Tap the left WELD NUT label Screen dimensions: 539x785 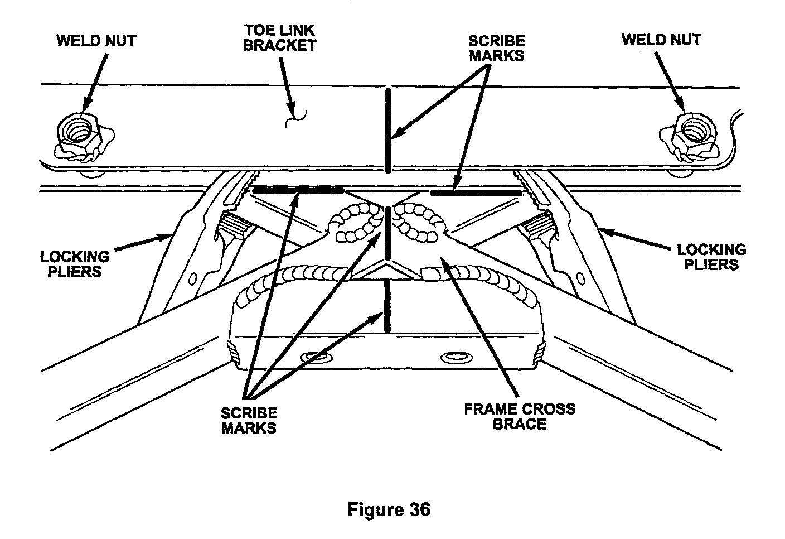pyautogui.click(x=96, y=40)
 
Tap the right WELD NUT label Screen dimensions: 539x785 pyautogui.click(x=661, y=40)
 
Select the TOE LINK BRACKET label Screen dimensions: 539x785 pyautogui.click(x=280, y=38)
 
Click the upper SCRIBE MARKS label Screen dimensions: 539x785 pyautogui.click(x=496, y=48)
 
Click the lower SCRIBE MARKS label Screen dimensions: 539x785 pyautogui.click(x=249, y=420)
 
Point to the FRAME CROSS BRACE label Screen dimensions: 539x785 pyautogui.click(x=520, y=416)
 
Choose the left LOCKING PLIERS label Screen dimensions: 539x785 pyautogui.click(x=75, y=264)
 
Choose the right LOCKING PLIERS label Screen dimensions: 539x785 pyautogui.click(x=711, y=257)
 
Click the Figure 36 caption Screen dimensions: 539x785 pyautogui.click(x=389, y=509)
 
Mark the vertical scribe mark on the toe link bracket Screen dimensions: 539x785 pyautogui.click(x=388, y=130)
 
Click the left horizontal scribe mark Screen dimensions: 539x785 pyautogui.click(x=298, y=191)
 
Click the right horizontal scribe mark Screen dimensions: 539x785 pyautogui.click(x=476, y=192)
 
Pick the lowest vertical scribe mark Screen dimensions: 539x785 pyautogui.click(x=386, y=307)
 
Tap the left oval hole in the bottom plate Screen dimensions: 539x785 pyautogui.click(x=316, y=355)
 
